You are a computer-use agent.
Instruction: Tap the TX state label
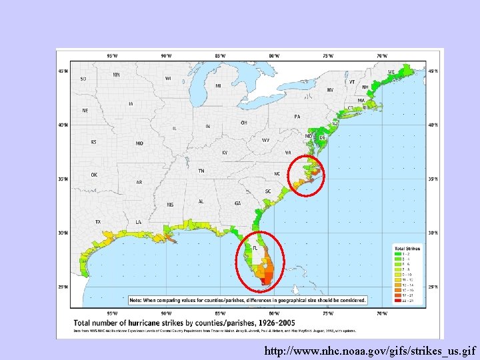coord(98,221)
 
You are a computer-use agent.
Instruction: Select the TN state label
coord(201,171)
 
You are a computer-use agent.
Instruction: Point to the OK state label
coord(95,175)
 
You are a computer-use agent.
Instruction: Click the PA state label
coord(297,117)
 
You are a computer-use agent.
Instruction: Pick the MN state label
coord(116,75)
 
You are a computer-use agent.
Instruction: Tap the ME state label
coord(391,72)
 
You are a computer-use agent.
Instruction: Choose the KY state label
coord(225,152)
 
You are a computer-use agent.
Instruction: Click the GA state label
coord(238,203)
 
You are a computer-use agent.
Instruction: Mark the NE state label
coord(85,110)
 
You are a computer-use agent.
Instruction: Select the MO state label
coord(139,143)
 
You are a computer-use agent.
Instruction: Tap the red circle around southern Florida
coord(261,262)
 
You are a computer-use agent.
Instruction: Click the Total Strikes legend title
coord(407,247)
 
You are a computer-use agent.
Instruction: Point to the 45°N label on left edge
coord(63,71)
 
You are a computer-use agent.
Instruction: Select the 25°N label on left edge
coord(63,288)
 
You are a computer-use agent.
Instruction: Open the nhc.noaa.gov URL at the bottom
coord(370,350)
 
